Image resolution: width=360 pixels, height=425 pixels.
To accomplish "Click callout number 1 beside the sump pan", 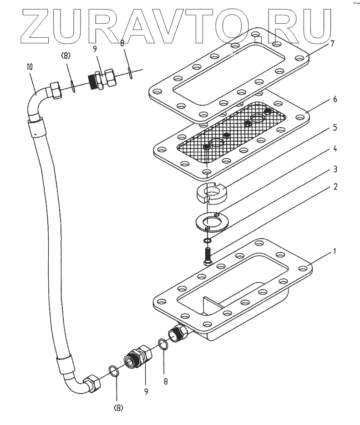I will click(x=335, y=251).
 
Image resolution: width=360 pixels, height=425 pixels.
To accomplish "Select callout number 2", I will click(x=335, y=187).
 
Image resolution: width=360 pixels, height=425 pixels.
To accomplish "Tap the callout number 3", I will click(x=335, y=169).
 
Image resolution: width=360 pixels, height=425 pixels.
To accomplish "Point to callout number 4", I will click(x=335, y=149).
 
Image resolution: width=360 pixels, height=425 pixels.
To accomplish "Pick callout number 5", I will click(x=335, y=128).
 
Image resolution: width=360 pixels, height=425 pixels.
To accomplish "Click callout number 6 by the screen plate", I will click(x=335, y=100).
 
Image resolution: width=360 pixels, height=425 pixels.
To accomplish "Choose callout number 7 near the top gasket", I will click(x=333, y=44).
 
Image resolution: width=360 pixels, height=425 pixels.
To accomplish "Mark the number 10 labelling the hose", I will click(x=30, y=67).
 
